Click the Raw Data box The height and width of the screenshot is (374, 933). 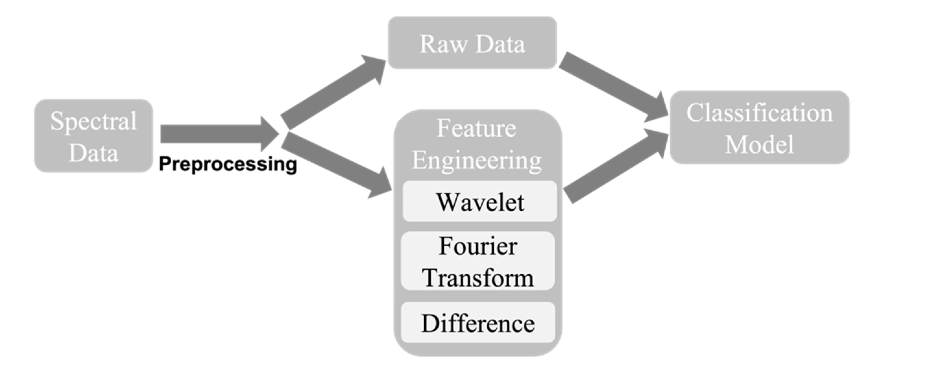point(472,43)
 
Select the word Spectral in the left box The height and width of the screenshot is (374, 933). point(93,121)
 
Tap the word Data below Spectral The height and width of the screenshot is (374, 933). point(93,153)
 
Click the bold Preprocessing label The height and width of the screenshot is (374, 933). point(228,164)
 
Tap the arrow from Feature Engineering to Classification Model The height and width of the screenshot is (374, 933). point(616,167)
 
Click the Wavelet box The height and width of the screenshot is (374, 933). point(479,202)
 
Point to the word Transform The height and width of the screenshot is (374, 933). point(478,278)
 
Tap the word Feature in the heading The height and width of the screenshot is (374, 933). point(476,128)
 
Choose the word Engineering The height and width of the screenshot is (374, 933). point(476,160)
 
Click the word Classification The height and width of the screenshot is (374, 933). point(759,113)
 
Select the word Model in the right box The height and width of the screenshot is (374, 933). point(759,144)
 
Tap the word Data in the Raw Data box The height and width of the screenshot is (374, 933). point(500,44)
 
